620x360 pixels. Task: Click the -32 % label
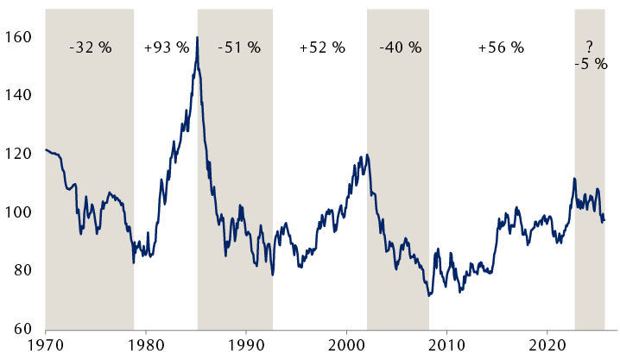click(91, 47)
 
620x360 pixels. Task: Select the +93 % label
click(167, 47)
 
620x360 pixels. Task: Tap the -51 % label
click(239, 47)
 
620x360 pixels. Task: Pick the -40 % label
click(399, 47)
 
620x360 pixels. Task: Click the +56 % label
click(501, 47)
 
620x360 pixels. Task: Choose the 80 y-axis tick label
click(21, 271)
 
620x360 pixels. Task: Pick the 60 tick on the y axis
click(21, 329)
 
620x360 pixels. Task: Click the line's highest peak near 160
click(198, 37)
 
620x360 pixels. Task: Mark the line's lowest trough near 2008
click(428, 296)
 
